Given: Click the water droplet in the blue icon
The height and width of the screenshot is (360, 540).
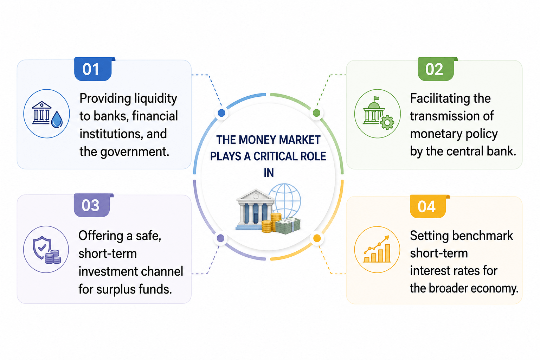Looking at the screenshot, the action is click(x=57, y=120).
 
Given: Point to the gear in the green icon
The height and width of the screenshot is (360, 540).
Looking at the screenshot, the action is click(x=387, y=122).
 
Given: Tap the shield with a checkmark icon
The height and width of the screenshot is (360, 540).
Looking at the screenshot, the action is click(x=42, y=247).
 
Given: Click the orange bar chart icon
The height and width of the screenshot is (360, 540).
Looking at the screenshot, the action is click(x=377, y=249).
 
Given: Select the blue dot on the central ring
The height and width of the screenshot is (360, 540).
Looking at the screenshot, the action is click(x=221, y=113).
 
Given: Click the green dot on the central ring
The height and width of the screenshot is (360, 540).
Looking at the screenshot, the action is click(x=316, y=113).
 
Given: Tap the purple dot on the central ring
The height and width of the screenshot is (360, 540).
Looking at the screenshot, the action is click(x=220, y=238).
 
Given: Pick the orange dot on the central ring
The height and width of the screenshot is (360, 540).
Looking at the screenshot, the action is click(x=317, y=238).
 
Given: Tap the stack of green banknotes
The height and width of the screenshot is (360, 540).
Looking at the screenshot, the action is click(x=288, y=226).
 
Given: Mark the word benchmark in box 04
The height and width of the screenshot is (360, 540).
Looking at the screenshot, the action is click(x=482, y=236).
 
